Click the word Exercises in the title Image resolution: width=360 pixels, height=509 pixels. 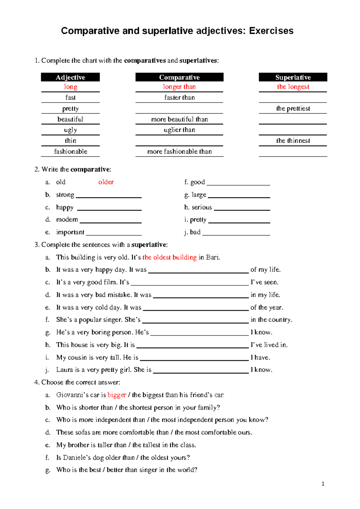pos(271,31)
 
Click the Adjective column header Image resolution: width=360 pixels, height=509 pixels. pos(70,77)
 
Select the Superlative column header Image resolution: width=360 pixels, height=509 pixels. pos(293,77)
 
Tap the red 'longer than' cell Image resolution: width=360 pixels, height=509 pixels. pos(179,87)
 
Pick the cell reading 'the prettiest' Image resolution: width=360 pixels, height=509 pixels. pos(293,109)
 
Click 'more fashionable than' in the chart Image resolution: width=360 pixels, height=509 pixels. pos(179,152)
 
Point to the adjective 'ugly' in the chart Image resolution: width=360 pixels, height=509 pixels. pos(70,130)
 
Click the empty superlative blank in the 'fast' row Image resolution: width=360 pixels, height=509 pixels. pos(293,98)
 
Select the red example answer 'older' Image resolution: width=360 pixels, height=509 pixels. pos(106,182)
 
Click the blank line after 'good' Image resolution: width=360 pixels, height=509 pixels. pos(238,183)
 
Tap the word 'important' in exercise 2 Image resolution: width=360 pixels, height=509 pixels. pos(70,232)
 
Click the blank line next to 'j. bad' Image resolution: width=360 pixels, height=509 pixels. pos(236,233)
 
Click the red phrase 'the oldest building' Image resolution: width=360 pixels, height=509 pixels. pos(169,257)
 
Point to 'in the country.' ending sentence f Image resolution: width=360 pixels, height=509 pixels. pos(271,320)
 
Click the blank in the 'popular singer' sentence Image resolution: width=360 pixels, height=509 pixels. pos(195,320)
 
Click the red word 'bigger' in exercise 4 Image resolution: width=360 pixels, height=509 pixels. pos(117,395)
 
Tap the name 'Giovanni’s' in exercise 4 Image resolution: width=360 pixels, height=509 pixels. pos(72,395)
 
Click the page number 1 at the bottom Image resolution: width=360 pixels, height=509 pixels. pos(323,484)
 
